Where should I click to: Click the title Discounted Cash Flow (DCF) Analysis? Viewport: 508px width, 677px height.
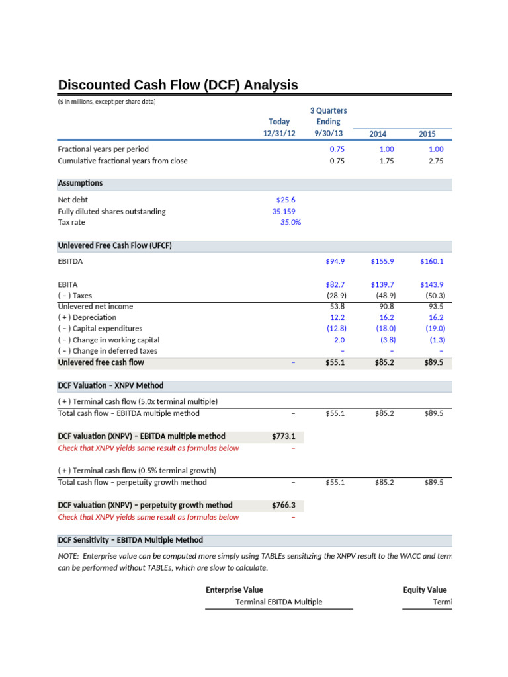point(178,85)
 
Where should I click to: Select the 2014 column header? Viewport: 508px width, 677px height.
point(378,134)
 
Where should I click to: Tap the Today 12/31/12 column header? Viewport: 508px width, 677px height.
point(279,127)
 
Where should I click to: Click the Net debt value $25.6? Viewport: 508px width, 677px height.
point(286,200)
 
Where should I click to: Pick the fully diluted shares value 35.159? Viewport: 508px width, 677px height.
point(284,212)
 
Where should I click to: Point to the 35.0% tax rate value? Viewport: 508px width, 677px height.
point(290,223)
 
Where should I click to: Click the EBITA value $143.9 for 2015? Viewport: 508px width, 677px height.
point(432,284)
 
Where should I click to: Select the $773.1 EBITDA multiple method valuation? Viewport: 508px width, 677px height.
point(283,436)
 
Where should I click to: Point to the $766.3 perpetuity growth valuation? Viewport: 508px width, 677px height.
point(283,506)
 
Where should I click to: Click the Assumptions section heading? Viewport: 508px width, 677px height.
point(80,183)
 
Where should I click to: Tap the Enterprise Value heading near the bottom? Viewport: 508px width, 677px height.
point(234,590)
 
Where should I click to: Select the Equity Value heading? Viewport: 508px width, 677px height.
point(425,590)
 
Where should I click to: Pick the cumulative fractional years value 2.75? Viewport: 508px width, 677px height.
point(436,161)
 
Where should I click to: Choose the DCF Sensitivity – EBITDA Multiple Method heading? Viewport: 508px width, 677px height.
point(130,540)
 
